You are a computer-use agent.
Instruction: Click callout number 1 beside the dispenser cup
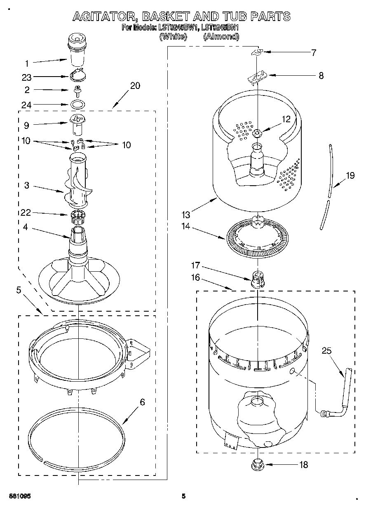[x=27, y=63]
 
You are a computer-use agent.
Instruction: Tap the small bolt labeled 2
[x=77, y=90]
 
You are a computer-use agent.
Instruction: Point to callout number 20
[x=135, y=86]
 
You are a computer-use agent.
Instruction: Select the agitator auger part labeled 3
[x=77, y=182]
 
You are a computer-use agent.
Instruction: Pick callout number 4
[x=26, y=226]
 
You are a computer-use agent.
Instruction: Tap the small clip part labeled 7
[x=257, y=52]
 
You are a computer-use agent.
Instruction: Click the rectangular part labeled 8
[x=257, y=76]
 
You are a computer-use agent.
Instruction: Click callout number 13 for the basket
[x=185, y=214]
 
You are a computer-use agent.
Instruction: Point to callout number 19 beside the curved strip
[x=350, y=176]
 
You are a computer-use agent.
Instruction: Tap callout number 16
[x=195, y=277]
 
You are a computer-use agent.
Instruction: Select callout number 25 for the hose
[x=327, y=351]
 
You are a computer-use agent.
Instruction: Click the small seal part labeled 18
[x=258, y=464]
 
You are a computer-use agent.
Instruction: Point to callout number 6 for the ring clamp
[x=143, y=402]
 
